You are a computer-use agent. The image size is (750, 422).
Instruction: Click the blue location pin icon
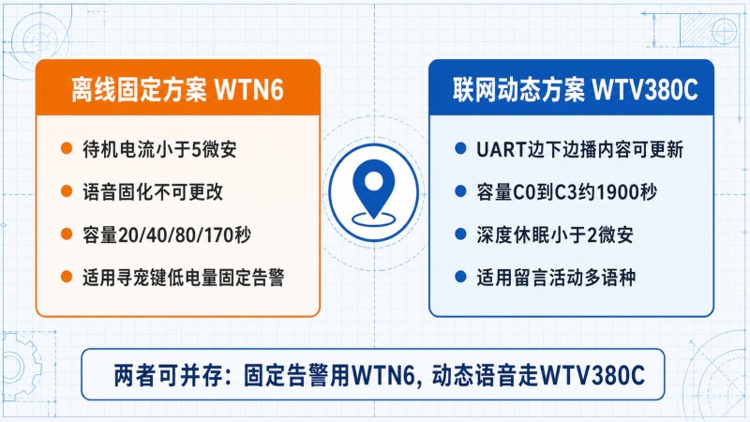(x=373, y=189)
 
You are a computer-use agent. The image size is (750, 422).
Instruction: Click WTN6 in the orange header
(x=249, y=89)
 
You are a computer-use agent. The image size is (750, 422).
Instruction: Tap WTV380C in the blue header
(x=645, y=89)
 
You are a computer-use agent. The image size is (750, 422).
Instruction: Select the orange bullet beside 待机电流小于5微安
(x=67, y=148)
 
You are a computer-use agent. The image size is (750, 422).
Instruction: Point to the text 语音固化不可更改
(x=153, y=192)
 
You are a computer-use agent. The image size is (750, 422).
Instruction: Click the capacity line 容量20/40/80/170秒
(x=167, y=234)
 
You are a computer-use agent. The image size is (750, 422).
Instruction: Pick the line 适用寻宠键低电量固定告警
(x=184, y=277)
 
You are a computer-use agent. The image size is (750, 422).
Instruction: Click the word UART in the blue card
(x=502, y=150)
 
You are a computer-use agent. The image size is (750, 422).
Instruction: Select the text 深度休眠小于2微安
(x=555, y=234)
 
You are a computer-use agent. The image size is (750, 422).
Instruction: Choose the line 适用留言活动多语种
(x=556, y=277)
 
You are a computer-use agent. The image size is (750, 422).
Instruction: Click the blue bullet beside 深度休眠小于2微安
(x=460, y=234)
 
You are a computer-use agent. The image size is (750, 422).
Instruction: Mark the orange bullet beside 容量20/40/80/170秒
(x=67, y=234)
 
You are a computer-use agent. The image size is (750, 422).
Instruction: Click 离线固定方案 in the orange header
(x=139, y=89)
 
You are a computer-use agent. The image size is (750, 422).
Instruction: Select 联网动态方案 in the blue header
(x=518, y=89)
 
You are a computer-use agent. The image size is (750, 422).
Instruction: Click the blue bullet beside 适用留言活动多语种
(x=460, y=277)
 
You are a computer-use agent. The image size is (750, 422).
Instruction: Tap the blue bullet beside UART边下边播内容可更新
(x=460, y=148)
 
